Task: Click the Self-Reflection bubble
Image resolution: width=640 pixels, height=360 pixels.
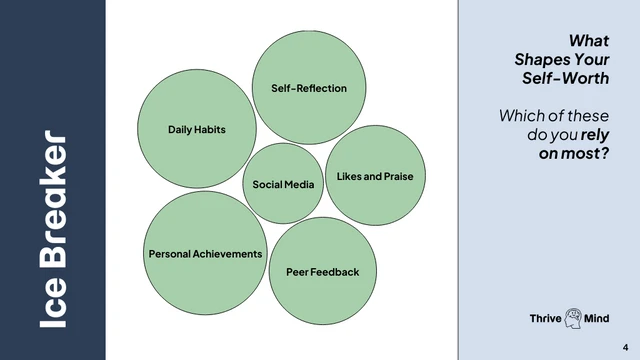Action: coord(309,88)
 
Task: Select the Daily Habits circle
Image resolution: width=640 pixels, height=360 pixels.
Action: coord(196,130)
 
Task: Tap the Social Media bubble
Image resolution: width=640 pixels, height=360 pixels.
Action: coord(283,184)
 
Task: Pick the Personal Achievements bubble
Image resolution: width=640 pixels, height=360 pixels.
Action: coord(205,253)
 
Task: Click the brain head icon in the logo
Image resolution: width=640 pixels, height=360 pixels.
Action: coord(575,318)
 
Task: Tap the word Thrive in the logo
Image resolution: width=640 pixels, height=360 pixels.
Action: coord(546,318)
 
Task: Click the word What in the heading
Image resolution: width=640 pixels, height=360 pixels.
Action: coord(589,41)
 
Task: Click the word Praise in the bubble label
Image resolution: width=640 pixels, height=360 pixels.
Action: coord(395,176)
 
